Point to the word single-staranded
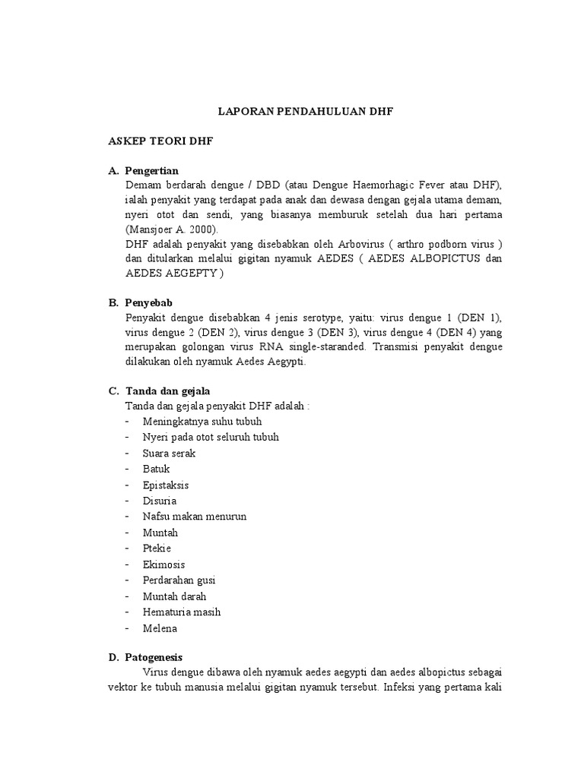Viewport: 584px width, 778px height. pos(327,346)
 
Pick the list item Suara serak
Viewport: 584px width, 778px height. pos(169,453)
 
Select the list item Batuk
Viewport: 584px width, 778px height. pos(156,469)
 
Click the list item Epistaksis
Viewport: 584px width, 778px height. pos(166,485)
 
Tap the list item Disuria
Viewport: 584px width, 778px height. pos(160,501)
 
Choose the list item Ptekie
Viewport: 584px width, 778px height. pos(157,549)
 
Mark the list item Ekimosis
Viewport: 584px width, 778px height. pos(163,565)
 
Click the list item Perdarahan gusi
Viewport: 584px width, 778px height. pos(179,580)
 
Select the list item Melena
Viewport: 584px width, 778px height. pos(160,628)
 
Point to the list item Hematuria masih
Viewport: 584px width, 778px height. pos(182,612)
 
